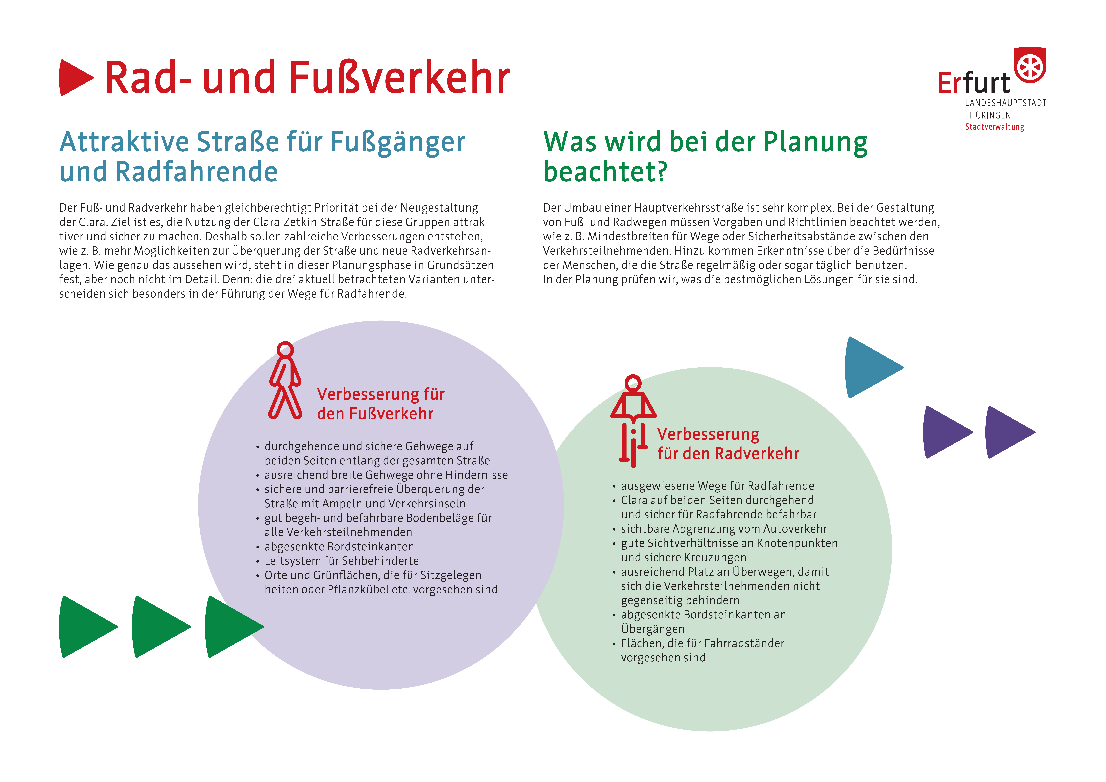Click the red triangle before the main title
[x=75, y=78]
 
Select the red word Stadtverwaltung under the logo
[x=994, y=127]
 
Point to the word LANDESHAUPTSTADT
[x=1005, y=103]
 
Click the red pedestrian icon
[x=285, y=381]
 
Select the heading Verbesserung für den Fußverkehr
[x=381, y=404]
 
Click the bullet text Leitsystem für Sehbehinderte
[x=341, y=561]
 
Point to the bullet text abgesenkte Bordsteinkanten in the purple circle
[x=339, y=546]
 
